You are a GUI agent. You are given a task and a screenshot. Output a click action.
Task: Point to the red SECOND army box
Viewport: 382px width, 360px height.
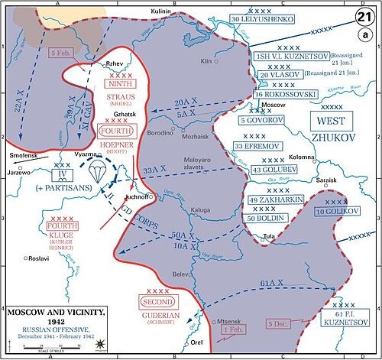(155, 303)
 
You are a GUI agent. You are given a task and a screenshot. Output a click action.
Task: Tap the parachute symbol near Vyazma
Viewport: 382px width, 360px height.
(98, 170)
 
